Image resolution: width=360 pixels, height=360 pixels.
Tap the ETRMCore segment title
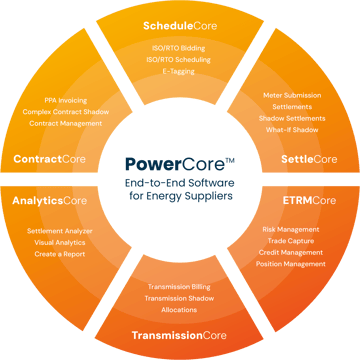click(311, 200)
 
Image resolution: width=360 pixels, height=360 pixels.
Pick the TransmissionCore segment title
click(181, 334)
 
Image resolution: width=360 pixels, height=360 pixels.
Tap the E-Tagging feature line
click(180, 71)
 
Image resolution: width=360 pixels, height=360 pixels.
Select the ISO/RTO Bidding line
click(180, 47)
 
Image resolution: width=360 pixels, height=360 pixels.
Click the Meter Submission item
click(292, 94)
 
